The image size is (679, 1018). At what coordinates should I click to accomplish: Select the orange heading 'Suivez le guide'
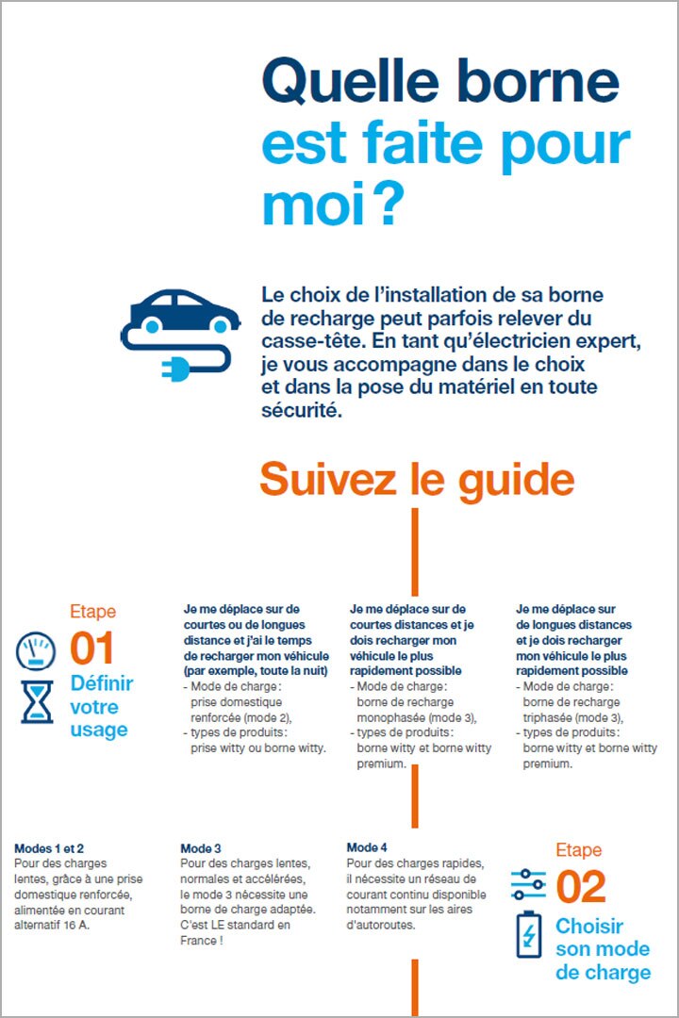click(x=416, y=479)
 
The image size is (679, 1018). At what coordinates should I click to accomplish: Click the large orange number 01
click(x=92, y=649)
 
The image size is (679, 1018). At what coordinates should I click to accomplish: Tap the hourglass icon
click(x=38, y=703)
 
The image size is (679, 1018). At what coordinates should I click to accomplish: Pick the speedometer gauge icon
click(x=38, y=651)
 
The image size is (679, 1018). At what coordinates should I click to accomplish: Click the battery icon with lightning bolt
click(x=528, y=934)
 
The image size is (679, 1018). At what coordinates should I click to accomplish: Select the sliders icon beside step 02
click(x=528, y=884)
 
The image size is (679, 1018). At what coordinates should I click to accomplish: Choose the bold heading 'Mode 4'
click(x=367, y=847)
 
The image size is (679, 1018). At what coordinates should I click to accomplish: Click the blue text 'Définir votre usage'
click(x=101, y=706)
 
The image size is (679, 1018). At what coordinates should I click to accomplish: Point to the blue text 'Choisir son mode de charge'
click(x=602, y=949)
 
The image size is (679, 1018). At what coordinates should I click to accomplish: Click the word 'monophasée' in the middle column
click(x=396, y=718)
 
